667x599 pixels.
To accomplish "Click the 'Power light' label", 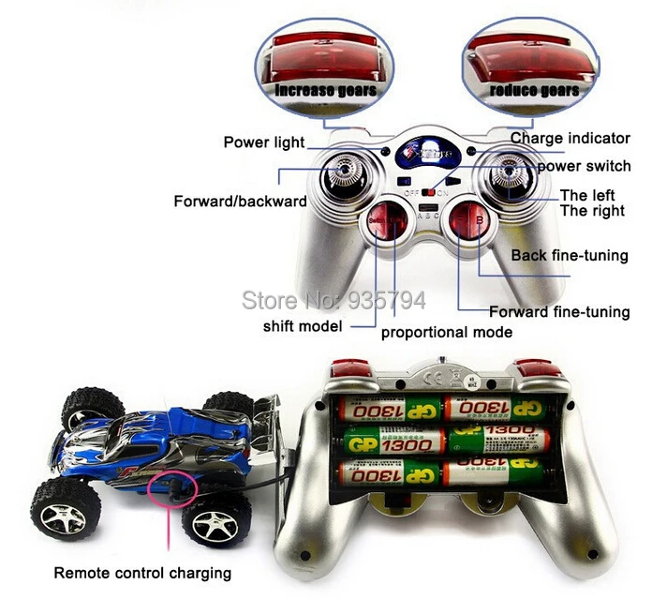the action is click(263, 142).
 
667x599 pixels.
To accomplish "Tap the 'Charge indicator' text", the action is click(570, 138).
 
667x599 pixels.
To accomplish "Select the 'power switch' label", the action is click(584, 166).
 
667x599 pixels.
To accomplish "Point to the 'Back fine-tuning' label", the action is click(570, 255).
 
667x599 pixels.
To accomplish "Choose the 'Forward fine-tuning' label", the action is click(559, 312).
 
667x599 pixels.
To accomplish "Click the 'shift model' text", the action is click(303, 326).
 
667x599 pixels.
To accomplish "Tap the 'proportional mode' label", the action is click(446, 332).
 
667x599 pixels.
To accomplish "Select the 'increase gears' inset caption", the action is click(325, 90).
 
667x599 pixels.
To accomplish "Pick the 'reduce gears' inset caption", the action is click(532, 90).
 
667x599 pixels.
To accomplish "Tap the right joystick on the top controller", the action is click(508, 175).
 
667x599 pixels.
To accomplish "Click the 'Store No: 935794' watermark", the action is click(333, 300).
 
